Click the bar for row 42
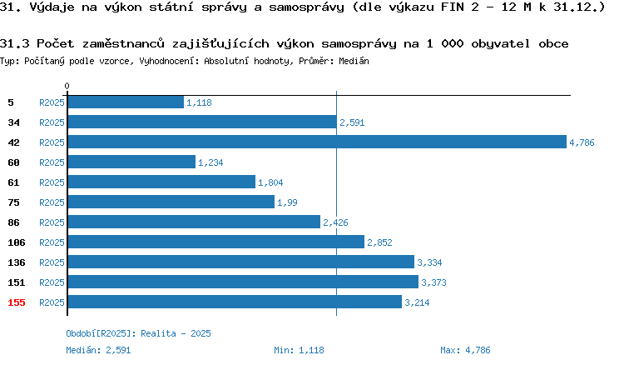point(317,142)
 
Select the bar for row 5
point(126,102)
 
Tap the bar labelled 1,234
point(131,162)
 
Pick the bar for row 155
point(235,302)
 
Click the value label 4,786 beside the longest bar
point(582,142)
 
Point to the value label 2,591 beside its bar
point(352,122)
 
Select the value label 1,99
point(287,202)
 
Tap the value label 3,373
point(433,282)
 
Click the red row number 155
point(17,302)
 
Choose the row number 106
point(17,242)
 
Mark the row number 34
point(13,122)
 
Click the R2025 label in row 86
point(52,222)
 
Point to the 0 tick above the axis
point(67,86)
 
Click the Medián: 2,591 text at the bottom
point(98,350)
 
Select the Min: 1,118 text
point(299,350)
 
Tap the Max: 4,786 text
point(465,350)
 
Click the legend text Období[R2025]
point(98,333)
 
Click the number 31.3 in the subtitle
point(15,43)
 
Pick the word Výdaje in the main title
point(52,7)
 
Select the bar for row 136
point(241,262)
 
